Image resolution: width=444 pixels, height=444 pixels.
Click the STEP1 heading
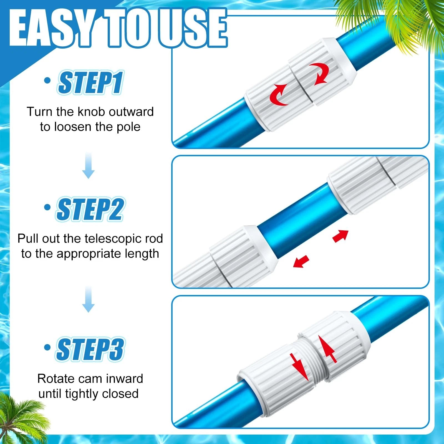[90, 82]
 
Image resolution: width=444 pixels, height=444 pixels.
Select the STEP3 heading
[90, 349]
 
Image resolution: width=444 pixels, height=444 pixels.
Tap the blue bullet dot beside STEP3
[47, 347]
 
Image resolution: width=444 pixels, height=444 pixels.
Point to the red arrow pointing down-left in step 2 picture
[301, 261]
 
